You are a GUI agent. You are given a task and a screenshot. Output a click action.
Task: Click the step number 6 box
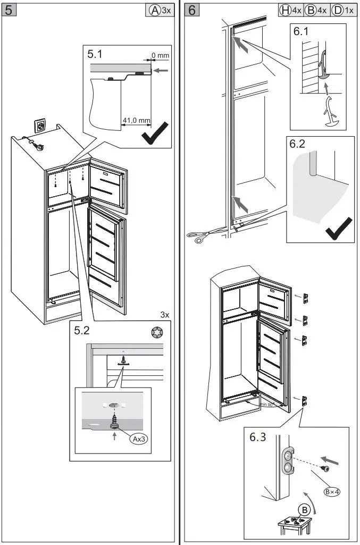[x=193, y=10]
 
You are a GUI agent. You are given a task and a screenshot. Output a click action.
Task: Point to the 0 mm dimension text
[x=160, y=55]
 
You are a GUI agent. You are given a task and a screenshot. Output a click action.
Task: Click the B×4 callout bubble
[x=332, y=491]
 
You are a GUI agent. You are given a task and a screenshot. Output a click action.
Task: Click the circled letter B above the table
[x=305, y=509]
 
